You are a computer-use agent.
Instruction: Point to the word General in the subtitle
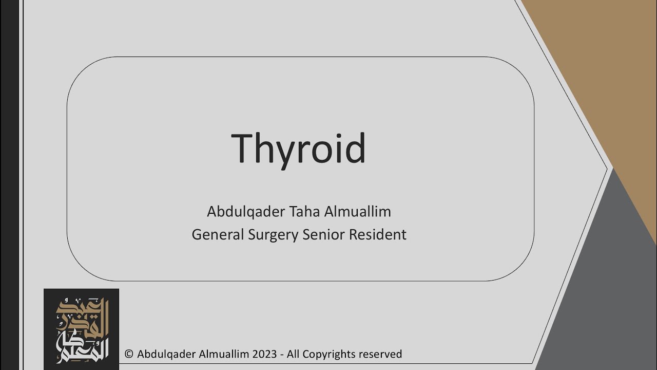click(x=218, y=234)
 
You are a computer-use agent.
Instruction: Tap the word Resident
click(x=378, y=234)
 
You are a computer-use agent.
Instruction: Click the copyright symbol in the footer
click(x=129, y=354)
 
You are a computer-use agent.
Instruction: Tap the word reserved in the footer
click(x=380, y=354)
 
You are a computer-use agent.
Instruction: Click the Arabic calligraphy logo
click(x=82, y=329)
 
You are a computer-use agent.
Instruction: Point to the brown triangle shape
click(x=606, y=77)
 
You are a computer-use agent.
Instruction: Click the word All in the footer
click(x=294, y=354)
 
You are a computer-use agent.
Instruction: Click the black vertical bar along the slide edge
click(x=9, y=185)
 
